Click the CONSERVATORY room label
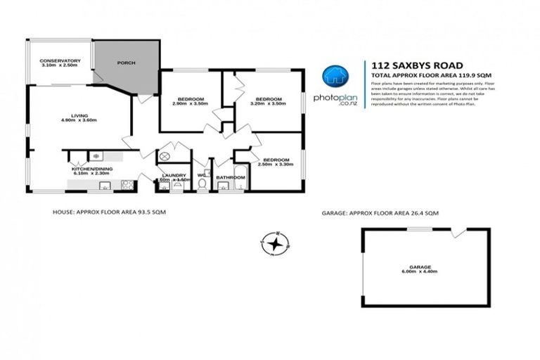click(60, 60)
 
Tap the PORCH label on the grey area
click(127, 63)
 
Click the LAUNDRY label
click(173, 175)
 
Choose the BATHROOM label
click(231, 177)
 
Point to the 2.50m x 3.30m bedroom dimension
click(274, 163)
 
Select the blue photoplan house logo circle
click(335, 77)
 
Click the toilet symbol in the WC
click(202, 185)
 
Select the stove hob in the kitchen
click(128, 186)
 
